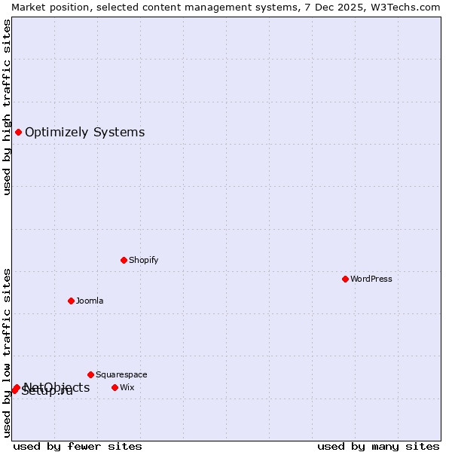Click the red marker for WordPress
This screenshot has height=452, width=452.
click(x=345, y=279)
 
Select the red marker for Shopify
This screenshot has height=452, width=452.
click(x=124, y=260)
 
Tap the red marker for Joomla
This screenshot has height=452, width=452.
click(x=71, y=301)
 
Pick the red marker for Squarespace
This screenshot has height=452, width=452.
click(x=90, y=374)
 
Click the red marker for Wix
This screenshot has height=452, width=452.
click(x=115, y=387)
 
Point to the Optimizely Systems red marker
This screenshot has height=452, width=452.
click(x=18, y=133)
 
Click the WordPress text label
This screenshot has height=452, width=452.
click(x=371, y=279)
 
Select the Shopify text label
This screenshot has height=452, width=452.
click(x=143, y=260)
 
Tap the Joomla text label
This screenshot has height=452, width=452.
click(x=90, y=301)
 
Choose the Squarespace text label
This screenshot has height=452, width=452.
click(x=121, y=374)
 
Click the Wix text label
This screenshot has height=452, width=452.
click(x=127, y=387)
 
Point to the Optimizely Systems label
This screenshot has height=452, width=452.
click(x=84, y=133)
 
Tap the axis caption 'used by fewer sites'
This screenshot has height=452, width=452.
click(x=78, y=446)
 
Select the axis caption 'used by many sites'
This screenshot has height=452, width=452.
click(x=378, y=446)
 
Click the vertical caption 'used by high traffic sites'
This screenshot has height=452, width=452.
click(x=8, y=107)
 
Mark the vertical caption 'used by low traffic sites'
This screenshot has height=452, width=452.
click(x=8, y=353)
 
